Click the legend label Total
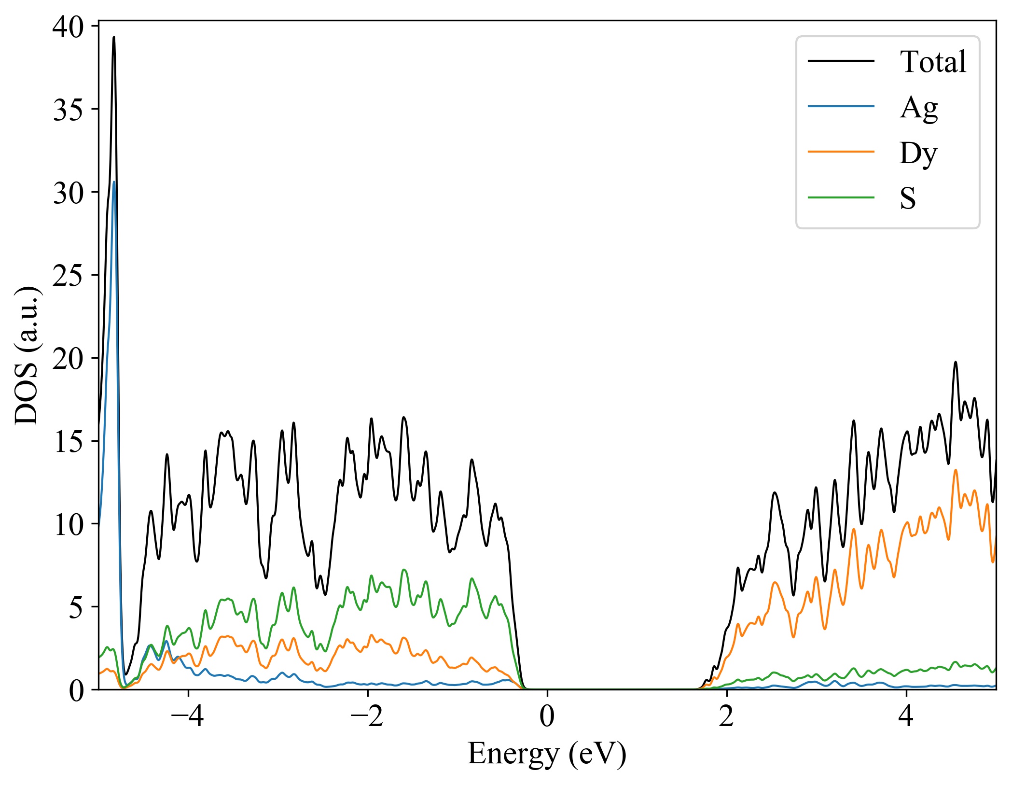coord(932,62)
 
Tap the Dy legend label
coord(918,153)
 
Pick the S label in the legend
coord(907,198)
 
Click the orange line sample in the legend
coord(841,152)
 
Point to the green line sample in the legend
coord(841,197)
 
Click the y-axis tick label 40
coord(68,27)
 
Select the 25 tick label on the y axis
coord(68,276)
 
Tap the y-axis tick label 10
coord(68,525)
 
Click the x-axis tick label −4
coord(188,716)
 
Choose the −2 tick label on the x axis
coord(367,716)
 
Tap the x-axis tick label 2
coord(726,716)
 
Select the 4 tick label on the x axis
coord(906,716)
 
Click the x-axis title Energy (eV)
coord(547,754)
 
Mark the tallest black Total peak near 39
coord(114,37)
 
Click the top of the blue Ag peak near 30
coord(114,182)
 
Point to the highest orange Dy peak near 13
coord(955,470)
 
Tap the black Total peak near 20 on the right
coord(955,362)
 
